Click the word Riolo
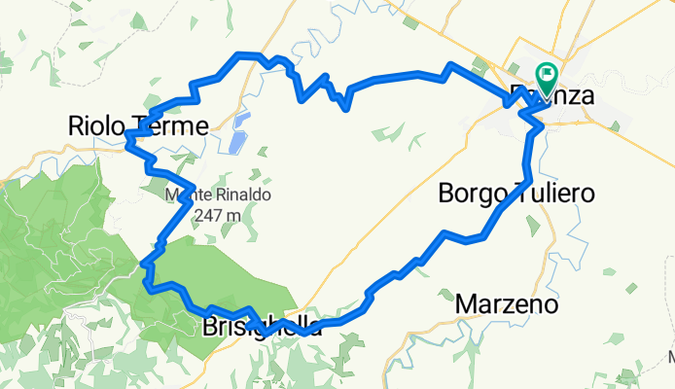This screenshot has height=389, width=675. [94, 125]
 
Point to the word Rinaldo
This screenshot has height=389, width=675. [245, 194]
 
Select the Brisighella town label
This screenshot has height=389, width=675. [262, 328]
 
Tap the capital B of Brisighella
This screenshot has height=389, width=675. [209, 328]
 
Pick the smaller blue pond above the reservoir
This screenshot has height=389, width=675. [242, 121]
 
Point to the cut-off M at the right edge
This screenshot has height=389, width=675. [670, 358]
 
